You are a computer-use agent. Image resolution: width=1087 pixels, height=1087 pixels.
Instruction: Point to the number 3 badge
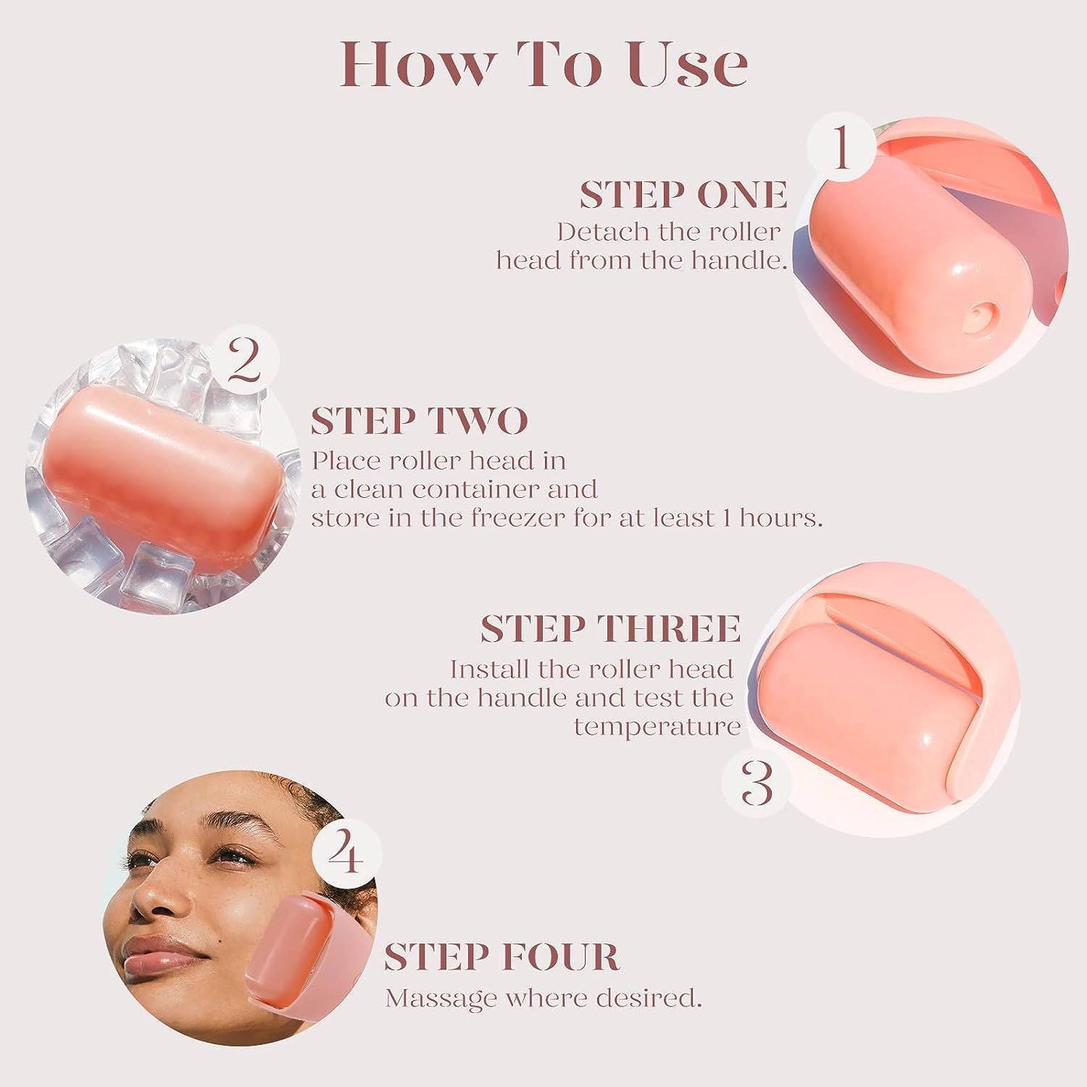(x=758, y=783)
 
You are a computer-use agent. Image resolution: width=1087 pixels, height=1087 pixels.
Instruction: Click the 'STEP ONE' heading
(x=683, y=195)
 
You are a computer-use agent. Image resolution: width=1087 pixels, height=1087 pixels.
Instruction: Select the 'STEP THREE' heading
(x=610, y=628)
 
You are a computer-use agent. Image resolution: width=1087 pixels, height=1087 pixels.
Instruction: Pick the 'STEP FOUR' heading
(x=501, y=957)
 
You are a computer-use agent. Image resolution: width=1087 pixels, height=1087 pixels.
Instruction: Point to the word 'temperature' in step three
(x=657, y=726)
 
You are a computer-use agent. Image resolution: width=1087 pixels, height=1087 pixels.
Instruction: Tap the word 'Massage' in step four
(x=441, y=999)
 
